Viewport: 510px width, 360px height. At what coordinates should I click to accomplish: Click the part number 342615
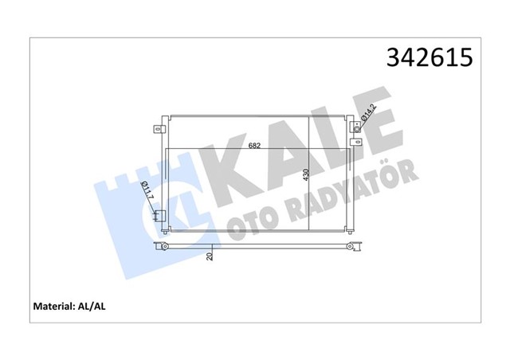[430, 58]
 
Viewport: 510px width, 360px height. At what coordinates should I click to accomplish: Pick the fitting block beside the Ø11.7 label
[159, 215]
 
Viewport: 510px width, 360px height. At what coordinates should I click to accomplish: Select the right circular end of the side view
[353, 248]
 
